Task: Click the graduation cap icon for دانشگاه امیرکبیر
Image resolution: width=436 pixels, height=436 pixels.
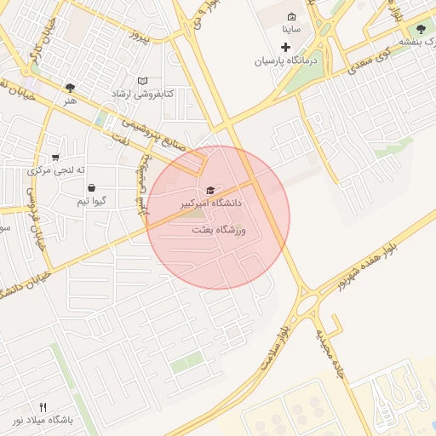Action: (x=210, y=190)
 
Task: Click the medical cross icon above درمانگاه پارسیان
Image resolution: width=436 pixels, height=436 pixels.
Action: (x=285, y=46)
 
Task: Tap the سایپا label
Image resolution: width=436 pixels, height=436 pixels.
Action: (x=291, y=29)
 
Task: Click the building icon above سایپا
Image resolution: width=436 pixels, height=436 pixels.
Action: (x=292, y=16)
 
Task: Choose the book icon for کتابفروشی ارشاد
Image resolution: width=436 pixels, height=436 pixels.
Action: (x=142, y=81)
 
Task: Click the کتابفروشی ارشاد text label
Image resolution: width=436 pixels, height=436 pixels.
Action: (x=141, y=94)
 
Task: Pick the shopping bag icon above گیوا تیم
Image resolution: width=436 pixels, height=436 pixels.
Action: (x=91, y=188)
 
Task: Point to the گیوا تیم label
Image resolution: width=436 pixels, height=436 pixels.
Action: (x=90, y=201)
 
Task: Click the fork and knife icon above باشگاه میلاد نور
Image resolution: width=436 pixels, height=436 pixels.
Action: (x=43, y=407)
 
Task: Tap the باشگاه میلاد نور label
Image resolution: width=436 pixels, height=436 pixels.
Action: (x=43, y=421)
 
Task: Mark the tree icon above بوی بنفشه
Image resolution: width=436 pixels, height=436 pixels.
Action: (x=421, y=29)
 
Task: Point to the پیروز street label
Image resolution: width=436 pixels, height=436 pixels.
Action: (x=139, y=37)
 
